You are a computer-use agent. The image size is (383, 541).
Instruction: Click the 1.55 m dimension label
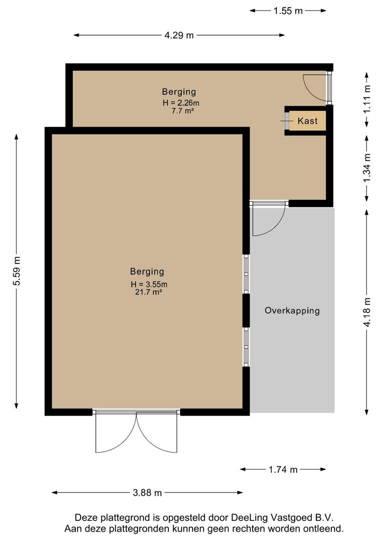point(288,11)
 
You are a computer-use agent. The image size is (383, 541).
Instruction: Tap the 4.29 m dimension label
point(179,35)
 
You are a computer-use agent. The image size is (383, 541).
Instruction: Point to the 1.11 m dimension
point(367,99)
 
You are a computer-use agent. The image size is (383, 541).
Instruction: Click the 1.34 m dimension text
point(367,168)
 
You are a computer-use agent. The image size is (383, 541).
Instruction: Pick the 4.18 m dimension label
point(367,312)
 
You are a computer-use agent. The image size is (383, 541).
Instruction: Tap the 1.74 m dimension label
point(283,469)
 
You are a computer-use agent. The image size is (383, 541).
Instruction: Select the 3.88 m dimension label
point(147,493)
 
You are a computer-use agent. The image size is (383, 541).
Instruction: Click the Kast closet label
point(307,121)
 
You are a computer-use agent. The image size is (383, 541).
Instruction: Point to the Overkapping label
point(292,311)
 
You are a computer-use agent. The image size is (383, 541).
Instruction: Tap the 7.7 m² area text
point(182,111)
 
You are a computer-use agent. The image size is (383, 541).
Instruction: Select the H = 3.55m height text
point(149,285)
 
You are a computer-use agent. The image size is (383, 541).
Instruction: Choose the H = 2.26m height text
point(181,103)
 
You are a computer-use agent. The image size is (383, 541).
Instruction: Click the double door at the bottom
point(136,431)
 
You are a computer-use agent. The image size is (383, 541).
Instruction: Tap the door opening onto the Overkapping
point(269,218)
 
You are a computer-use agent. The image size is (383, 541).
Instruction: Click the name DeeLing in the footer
point(249,517)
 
